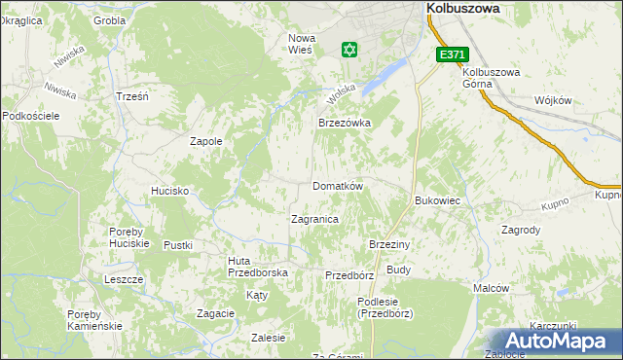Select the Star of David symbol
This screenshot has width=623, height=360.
(349, 49)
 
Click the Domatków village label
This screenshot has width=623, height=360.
(337, 186)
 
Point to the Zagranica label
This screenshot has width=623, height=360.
(314, 219)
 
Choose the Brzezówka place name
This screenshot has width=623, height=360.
(345, 124)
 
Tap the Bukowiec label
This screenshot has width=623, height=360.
(438, 200)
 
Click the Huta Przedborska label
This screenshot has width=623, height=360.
(258, 267)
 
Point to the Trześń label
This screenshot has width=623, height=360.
(131, 96)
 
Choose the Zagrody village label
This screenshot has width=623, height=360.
(521, 231)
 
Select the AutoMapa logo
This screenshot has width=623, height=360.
(555, 342)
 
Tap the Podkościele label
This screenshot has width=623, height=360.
(32, 116)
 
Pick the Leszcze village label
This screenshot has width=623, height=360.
(124, 279)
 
